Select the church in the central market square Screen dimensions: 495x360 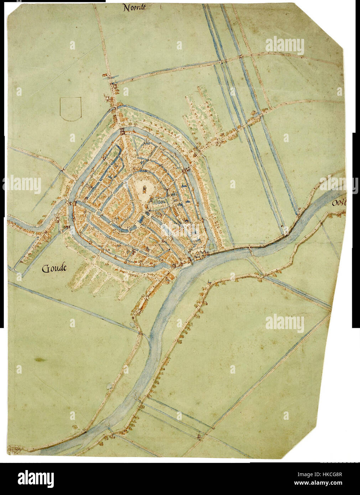145,188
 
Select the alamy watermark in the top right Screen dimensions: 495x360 285,46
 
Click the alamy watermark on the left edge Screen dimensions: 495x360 22,185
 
